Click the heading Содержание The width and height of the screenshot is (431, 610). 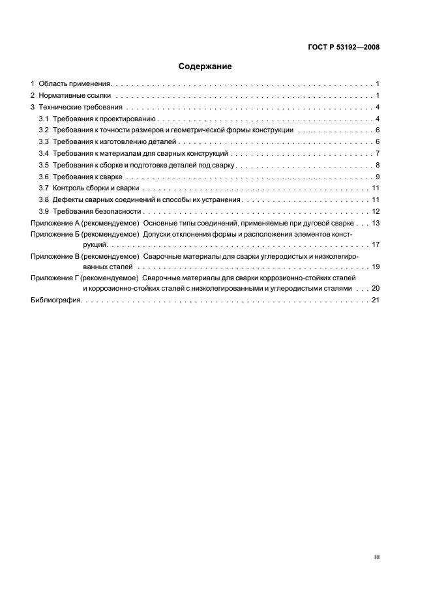point(205,66)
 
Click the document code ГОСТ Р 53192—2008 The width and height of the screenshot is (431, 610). point(344,47)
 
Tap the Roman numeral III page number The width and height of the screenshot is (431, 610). point(376,558)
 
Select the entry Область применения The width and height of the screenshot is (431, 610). point(76,84)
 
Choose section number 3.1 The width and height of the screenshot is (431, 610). point(44,119)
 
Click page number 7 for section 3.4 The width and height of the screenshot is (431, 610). point(378,154)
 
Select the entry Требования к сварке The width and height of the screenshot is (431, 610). point(87,177)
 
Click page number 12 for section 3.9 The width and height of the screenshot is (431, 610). point(376,212)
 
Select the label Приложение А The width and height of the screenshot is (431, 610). point(55,224)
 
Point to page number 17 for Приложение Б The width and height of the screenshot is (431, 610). point(376,245)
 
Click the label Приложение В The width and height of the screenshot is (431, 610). point(55,257)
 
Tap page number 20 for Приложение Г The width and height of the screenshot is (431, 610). point(376,288)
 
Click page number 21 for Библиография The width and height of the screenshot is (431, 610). point(376,300)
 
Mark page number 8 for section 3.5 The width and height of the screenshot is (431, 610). point(378,166)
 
